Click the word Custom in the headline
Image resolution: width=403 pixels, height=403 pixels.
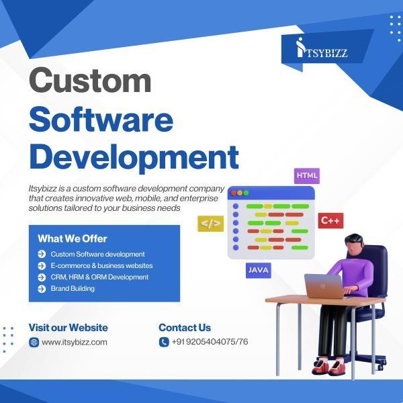tap(90, 80)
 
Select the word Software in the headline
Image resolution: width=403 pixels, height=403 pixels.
tap(101, 120)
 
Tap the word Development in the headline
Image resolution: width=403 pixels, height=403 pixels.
tap(134, 158)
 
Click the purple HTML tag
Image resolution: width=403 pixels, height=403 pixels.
tap(307, 176)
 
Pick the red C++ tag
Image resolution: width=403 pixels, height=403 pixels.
tap(330, 220)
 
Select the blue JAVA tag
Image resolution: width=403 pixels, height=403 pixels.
tap(259, 270)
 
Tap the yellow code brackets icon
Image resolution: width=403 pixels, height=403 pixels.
tap(210, 224)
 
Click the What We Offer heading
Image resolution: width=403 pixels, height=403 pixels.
tap(73, 238)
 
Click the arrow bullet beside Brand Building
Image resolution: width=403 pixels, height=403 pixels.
tap(42, 289)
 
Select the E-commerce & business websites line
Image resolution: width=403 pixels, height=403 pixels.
tap(101, 265)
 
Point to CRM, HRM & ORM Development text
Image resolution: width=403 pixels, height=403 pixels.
tap(99, 277)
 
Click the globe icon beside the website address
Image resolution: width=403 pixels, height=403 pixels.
tap(34, 342)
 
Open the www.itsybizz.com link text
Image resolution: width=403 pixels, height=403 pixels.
tap(75, 343)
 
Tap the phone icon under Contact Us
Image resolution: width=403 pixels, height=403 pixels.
tap(164, 342)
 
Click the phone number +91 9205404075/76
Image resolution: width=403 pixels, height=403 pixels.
tap(210, 342)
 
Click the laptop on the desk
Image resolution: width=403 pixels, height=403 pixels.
tap(324, 286)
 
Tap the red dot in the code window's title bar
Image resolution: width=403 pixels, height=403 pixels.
tap(234, 193)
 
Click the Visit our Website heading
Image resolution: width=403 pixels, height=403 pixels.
tap(68, 328)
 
